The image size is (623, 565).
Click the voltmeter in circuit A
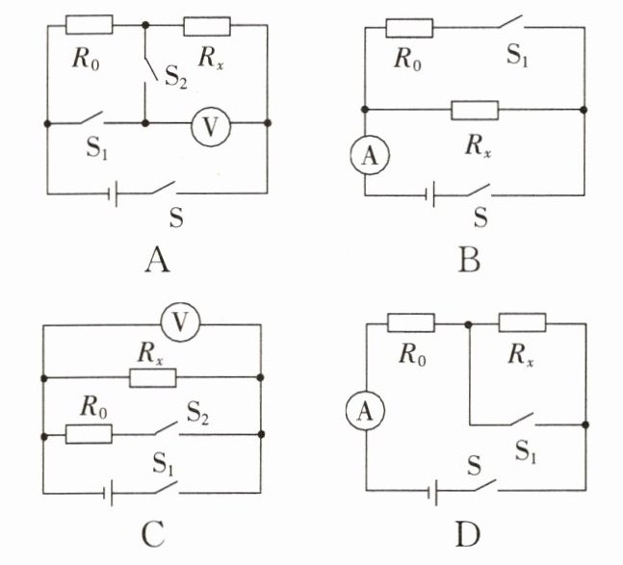coord(204,124)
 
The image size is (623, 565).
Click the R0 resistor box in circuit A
coord(90,24)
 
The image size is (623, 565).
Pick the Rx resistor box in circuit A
coord(207,25)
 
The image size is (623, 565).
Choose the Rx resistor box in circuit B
coord(475,110)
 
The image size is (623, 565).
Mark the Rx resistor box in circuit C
coord(152,377)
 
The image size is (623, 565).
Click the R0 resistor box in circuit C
coord(89,434)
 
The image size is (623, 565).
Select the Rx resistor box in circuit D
coord(522,322)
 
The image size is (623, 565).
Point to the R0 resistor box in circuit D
coord(410,322)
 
